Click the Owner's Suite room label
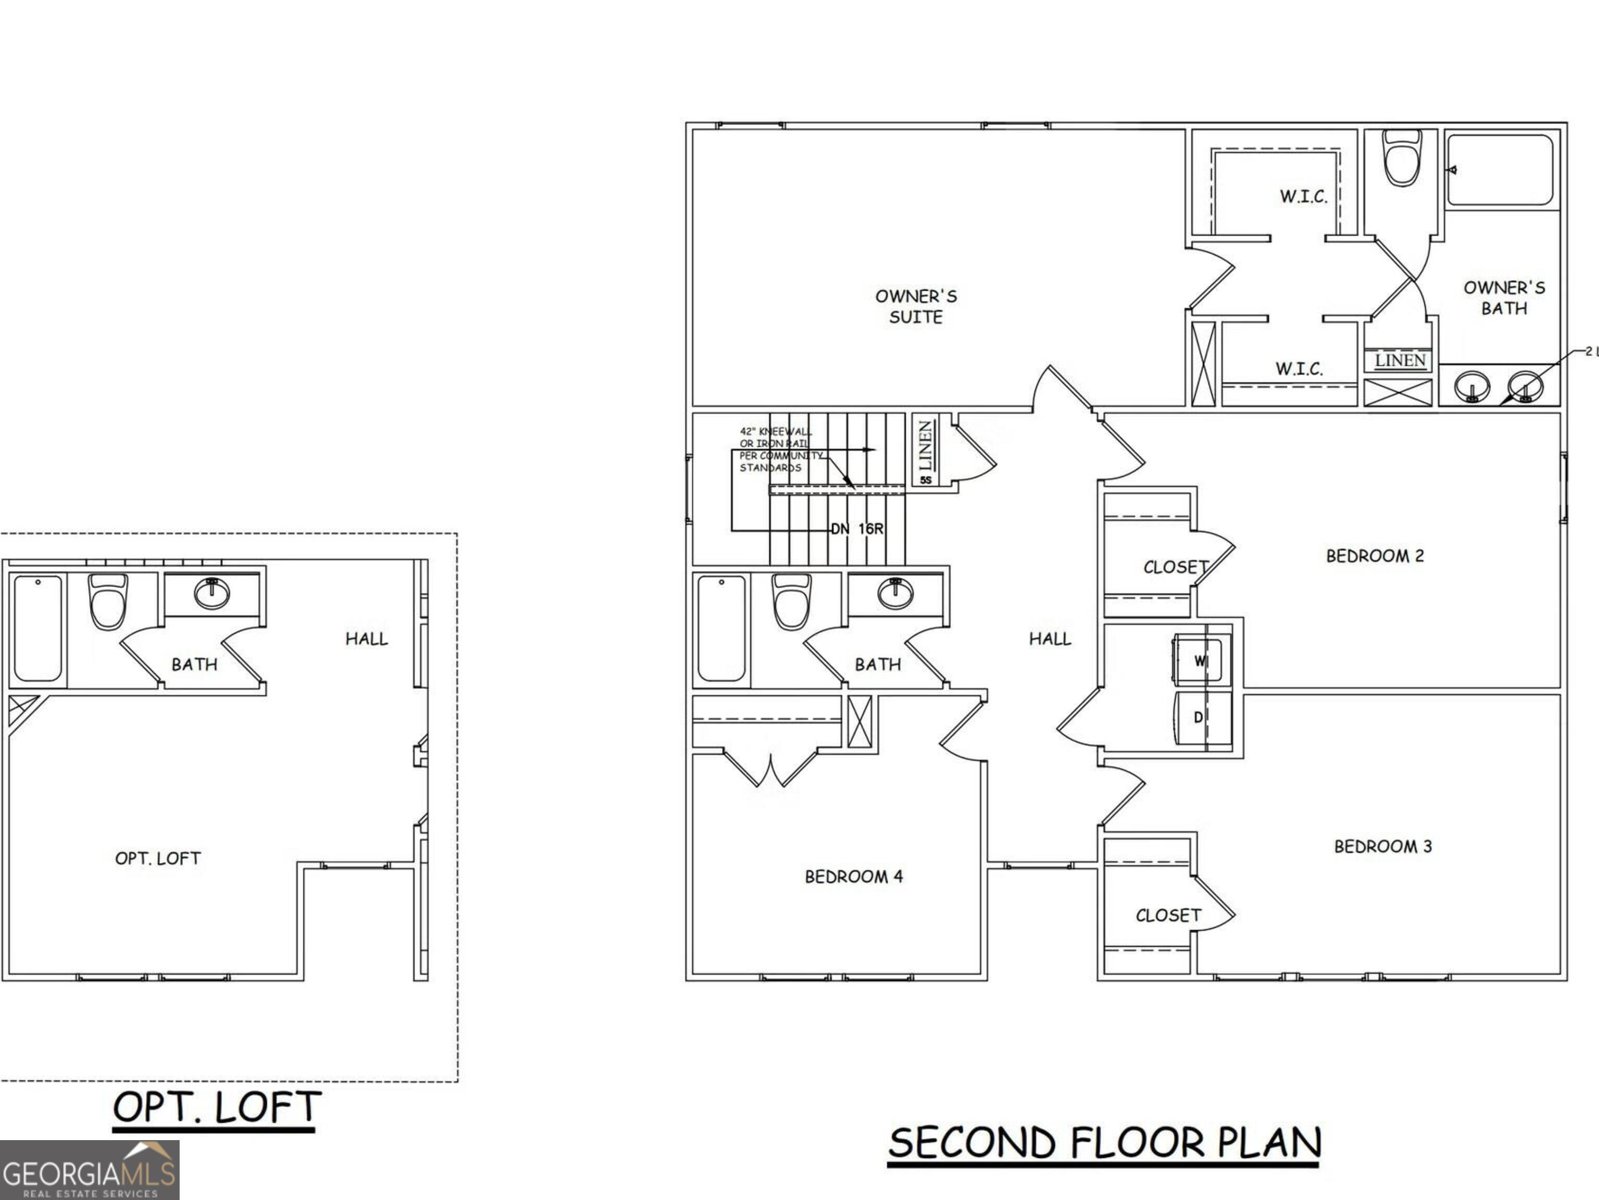(x=916, y=306)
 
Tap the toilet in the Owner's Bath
(x=1402, y=161)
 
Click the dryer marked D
(x=1198, y=719)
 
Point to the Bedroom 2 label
(x=1374, y=556)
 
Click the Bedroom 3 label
(x=1382, y=846)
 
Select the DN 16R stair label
(x=857, y=528)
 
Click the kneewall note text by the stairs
(x=780, y=449)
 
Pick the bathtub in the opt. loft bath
(x=38, y=628)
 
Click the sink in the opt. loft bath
(x=212, y=594)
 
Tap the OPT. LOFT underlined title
(x=217, y=1108)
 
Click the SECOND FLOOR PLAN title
(x=1104, y=1143)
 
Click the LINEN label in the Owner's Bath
(x=1400, y=360)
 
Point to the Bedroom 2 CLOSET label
(x=1176, y=567)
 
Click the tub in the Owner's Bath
(x=1500, y=170)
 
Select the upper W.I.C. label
(x=1303, y=197)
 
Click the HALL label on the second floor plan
(x=1049, y=638)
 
